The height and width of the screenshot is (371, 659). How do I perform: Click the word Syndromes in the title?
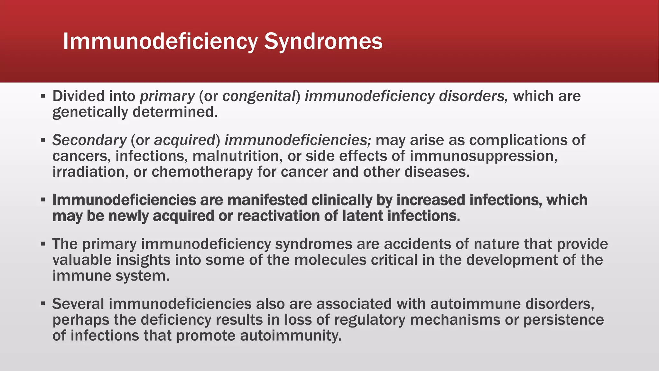pyautogui.click(x=323, y=42)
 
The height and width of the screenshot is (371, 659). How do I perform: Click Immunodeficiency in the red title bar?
pyautogui.click(x=160, y=42)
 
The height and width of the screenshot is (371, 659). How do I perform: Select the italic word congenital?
pyautogui.click(x=259, y=96)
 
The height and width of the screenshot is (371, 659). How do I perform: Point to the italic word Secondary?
pyautogui.click(x=89, y=140)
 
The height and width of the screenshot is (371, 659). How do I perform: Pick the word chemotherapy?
pyautogui.click(x=202, y=172)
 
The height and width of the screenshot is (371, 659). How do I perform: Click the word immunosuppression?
pyautogui.click(x=483, y=156)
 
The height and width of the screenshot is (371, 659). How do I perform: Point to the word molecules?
pyautogui.click(x=330, y=260)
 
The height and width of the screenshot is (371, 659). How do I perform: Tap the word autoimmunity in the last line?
pyautogui.click(x=291, y=336)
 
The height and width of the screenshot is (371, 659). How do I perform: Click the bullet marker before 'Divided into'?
pyautogui.click(x=43, y=96)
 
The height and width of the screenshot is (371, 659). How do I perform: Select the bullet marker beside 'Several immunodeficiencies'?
pyautogui.click(x=43, y=304)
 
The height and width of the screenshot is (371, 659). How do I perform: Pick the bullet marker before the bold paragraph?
pyautogui.click(x=43, y=200)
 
